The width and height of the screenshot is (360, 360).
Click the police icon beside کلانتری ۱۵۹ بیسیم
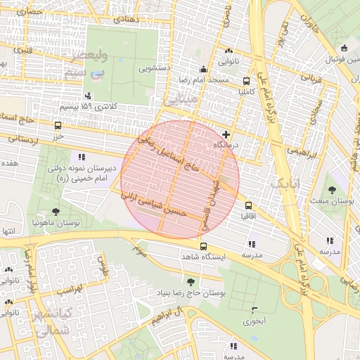pyautogui.click(x=88, y=96)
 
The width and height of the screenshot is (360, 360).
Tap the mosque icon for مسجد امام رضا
pyautogui.click(x=203, y=69)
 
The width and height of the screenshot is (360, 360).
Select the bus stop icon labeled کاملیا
pyautogui.click(x=245, y=81)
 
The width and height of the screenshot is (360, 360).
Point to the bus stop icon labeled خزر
pyautogui.click(x=57, y=125)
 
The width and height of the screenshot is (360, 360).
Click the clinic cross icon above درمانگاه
pyautogui.click(x=225, y=134)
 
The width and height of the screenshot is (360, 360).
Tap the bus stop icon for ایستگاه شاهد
pyautogui.click(x=203, y=247)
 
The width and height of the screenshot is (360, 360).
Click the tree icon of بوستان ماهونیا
pyautogui.click(x=55, y=211)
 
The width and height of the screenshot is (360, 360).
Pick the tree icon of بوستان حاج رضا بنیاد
pyautogui.click(x=191, y=282)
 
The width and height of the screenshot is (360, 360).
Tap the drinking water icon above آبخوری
pyautogui.click(x=253, y=310)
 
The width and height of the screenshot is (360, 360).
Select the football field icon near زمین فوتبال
pyautogui.click(x=343, y=49)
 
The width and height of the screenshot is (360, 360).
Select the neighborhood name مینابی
pyautogui.click(x=179, y=101)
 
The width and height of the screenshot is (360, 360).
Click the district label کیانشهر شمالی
pyautogui.click(x=53, y=321)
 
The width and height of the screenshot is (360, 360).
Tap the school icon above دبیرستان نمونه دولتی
pyautogui.click(x=82, y=157)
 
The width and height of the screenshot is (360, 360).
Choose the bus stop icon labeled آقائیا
pyautogui.click(x=247, y=206)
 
